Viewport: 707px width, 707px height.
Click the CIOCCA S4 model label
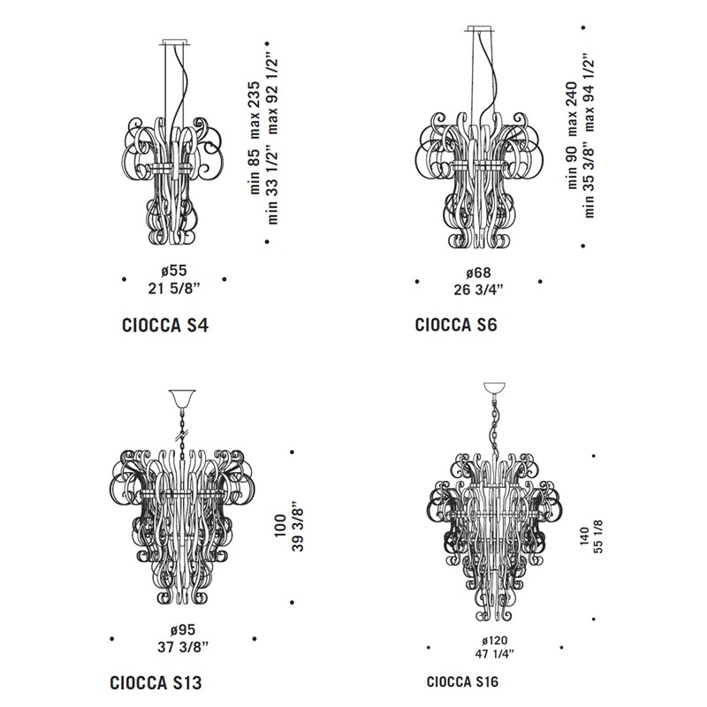pos(165,325)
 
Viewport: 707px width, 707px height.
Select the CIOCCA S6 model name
pos(456,324)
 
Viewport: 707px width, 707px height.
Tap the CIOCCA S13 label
pos(156,682)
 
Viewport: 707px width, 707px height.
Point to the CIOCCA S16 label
pos(462,681)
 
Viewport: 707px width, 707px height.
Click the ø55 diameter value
pos(173,270)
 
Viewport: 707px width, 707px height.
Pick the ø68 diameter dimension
pos(478,273)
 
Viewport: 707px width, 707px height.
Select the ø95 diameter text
pos(183,629)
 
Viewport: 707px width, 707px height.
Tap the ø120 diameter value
pos(495,640)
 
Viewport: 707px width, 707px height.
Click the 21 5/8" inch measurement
pos(173,288)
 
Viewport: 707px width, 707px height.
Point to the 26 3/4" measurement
pos(478,290)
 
